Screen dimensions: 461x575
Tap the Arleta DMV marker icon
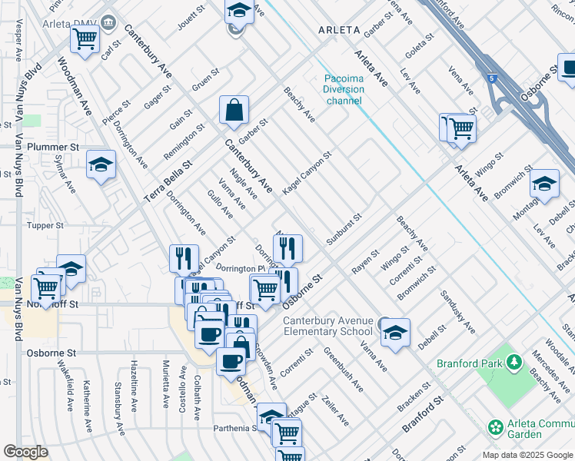[x=108, y=21]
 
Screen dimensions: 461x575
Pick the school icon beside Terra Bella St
[x=101, y=165]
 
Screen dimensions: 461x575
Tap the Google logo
[x=25, y=452]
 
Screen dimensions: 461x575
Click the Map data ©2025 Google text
[x=527, y=455]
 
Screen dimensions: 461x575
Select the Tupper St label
[x=45, y=225]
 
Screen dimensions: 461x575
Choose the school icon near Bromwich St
[x=544, y=184]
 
